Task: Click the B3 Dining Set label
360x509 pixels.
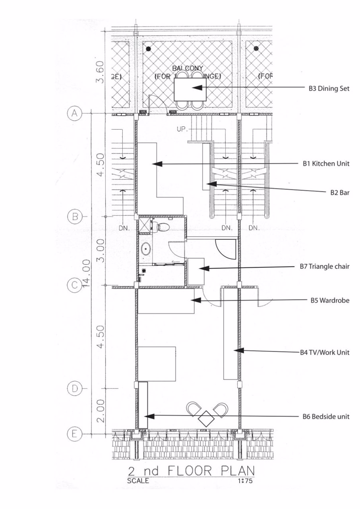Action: (x=329, y=89)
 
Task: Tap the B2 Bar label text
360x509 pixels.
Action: (x=339, y=192)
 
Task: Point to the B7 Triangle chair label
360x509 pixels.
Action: (x=325, y=266)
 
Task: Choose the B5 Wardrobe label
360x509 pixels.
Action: (x=330, y=300)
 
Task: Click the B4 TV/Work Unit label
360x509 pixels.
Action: (x=324, y=352)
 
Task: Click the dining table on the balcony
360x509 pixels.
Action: (x=190, y=89)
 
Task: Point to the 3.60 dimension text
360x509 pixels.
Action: (x=101, y=72)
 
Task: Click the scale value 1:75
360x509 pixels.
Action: (x=245, y=481)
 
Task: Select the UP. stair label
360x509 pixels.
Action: (x=182, y=130)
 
